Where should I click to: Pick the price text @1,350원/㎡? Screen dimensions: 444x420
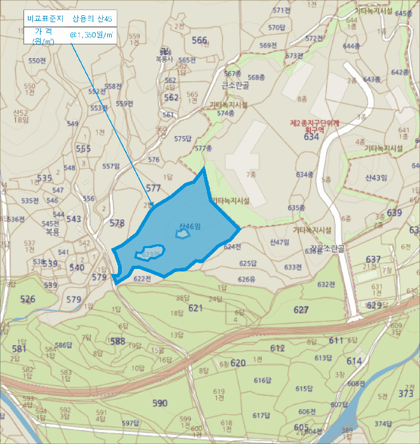click(x=91, y=36)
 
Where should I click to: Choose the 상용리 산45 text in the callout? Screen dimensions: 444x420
click(x=92, y=18)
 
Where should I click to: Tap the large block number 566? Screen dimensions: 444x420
click(x=199, y=41)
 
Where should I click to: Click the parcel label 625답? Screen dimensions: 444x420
click(x=247, y=263)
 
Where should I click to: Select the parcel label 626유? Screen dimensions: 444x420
click(x=246, y=279)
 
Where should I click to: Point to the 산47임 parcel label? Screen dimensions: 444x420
click(x=279, y=242)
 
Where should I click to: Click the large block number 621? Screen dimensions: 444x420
click(x=195, y=308)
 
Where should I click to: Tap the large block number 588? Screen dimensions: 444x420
click(x=118, y=341)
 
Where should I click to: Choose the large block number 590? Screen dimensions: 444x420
click(x=160, y=403)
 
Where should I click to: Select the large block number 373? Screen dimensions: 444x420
click(x=405, y=394)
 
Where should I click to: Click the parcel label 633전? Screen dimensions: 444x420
click(x=292, y=267)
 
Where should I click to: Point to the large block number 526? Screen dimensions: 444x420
click(x=28, y=299)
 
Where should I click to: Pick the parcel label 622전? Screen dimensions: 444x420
click(x=142, y=278)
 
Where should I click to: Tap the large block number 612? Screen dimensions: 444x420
click(x=277, y=348)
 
